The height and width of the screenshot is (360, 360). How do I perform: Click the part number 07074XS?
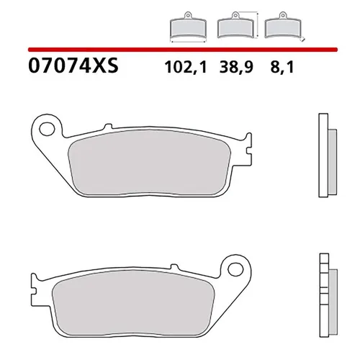click(x=72, y=69)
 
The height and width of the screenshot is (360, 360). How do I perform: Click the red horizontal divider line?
click(x=180, y=50)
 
